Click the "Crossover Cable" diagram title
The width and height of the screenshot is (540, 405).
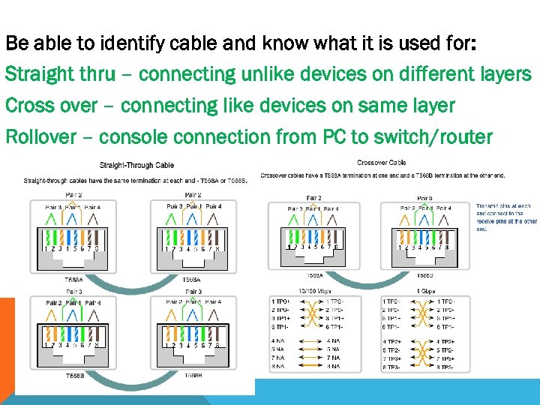[x=382, y=162]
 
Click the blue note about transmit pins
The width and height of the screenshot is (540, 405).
[x=506, y=217]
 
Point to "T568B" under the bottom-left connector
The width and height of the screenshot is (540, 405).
[x=75, y=375]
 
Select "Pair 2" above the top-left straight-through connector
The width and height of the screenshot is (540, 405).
[x=73, y=194]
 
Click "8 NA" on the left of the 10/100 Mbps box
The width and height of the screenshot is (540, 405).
[x=279, y=367]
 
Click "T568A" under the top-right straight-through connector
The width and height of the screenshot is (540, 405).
[x=193, y=279]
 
